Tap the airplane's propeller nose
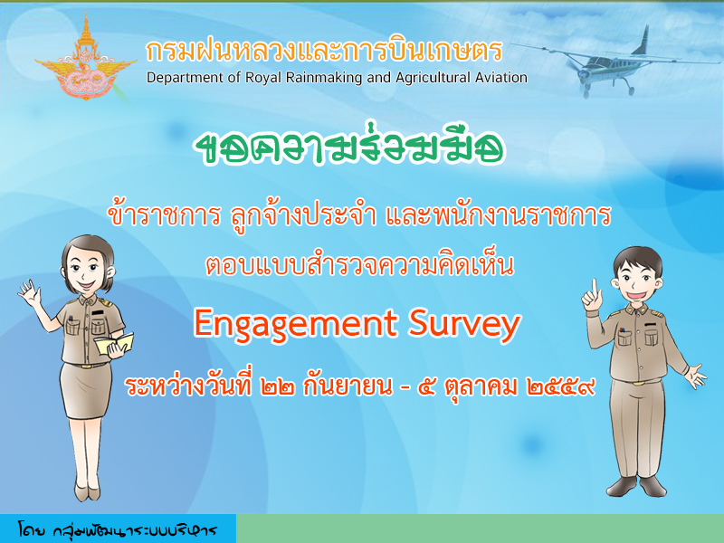click(583, 73)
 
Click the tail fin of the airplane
click(641, 41)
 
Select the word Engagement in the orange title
click(296, 324)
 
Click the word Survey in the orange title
click(464, 324)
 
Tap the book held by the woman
click(114, 344)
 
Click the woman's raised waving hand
click(30, 293)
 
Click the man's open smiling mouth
click(636, 294)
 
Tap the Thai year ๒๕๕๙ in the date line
click(560, 387)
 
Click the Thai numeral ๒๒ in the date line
click(277, 387)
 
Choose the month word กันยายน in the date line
click(348, 387)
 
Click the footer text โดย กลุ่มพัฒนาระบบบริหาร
click(118, 529)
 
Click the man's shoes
click(636, 487)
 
